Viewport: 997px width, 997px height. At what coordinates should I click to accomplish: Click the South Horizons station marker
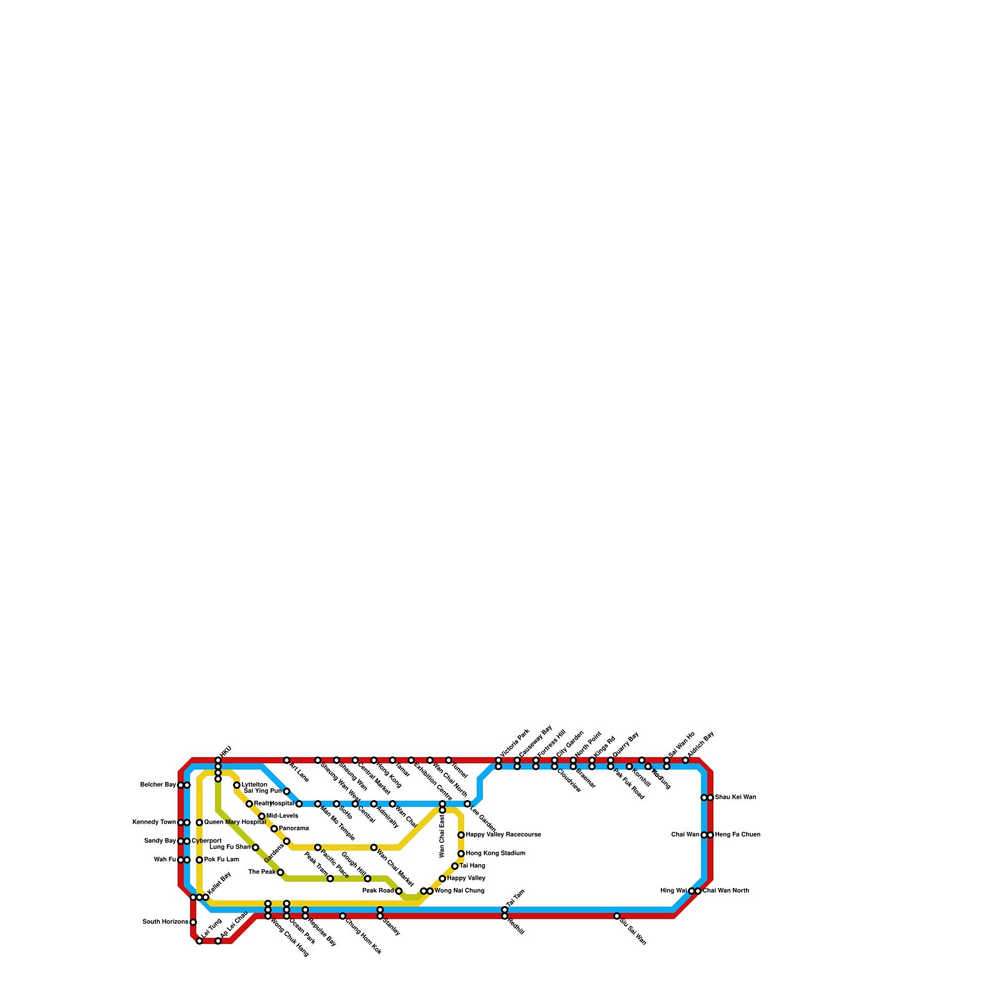pyautogui.click(x=193, y=922)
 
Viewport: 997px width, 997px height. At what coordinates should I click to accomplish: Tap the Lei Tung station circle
pyautogui.click(x=199, y=941)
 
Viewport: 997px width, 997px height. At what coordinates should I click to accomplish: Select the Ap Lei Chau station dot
pyautogui.click(x=218, y=941)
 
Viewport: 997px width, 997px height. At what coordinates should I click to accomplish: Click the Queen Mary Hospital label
pyautogui.click(x=235, y=823)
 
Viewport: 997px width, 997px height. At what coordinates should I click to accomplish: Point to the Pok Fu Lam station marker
pyautogui.click(x=199, y=860)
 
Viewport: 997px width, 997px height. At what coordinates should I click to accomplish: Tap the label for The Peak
pyautogui.click(x=262, y=872)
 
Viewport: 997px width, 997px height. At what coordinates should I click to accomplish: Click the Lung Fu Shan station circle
pyautogui.click(x=255, y=847)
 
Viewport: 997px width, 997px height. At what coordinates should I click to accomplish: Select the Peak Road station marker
pyautogui.click(x=399, y=891)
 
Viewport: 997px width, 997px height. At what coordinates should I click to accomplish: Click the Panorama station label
pyautogui.click(x=294, y=829)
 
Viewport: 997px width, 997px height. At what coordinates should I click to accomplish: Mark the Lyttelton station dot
pyautogui.click(x=237, y=785)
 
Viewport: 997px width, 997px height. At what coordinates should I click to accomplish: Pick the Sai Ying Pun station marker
pyautogui.click(x=287, y=791)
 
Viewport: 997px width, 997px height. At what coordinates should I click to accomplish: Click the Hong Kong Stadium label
pyautogui.click(x=495, y=854)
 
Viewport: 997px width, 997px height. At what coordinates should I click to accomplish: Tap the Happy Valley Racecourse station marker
pyautogui.click(x=461, y=835)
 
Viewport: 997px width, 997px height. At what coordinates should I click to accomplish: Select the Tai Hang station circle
pyautogui.click(x=455, y=866)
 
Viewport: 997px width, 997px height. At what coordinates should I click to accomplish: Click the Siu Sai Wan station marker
pyautogui.click(x=617, y=916)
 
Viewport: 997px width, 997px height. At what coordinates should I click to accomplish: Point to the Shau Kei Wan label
pyautogui.click(x=735, y=798)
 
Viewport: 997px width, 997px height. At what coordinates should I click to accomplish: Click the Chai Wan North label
pyautogui.click(x=726, y=891)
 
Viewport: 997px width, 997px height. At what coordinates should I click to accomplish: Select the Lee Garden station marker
pyautogui.click(x=467, y=804)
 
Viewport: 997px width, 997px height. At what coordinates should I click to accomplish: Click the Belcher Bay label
pyautogui.click(x=158, y=785)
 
